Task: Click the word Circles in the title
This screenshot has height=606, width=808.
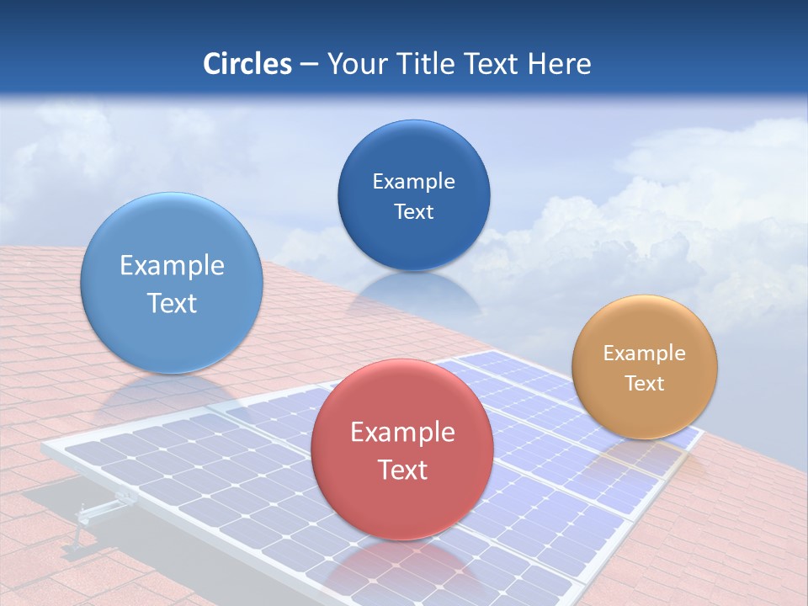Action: (x=247, y=64)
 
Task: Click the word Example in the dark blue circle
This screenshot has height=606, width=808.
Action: (x=413, y=182)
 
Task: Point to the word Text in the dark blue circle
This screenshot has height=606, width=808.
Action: (x=413, y=211)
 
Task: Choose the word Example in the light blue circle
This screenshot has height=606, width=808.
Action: (x=172, y=266)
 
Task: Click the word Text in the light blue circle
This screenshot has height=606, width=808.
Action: (x=172, y=303)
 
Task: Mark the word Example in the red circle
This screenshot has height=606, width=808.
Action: (x=402, y=433)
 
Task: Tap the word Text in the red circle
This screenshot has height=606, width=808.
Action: (x=402, y=470)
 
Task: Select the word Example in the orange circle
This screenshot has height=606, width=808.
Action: (x=644, y=353)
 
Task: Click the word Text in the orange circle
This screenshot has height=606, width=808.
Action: (x=644, y=383)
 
